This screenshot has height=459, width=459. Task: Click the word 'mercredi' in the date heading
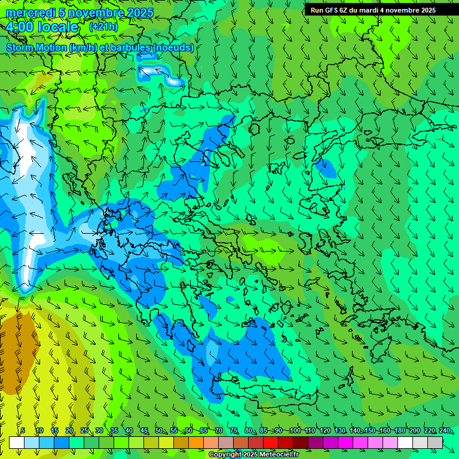tap(27, 13)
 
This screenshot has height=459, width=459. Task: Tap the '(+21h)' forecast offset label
tap(103, 27)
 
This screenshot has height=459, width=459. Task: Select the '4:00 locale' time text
tap(42, 27)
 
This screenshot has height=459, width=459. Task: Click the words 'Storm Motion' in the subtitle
tap(36, 47)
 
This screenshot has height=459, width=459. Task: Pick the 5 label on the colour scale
tap(23, 431)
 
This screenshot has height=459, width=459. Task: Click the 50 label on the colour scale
tap(158, 431)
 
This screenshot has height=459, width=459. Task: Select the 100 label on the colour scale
tap(295, 431)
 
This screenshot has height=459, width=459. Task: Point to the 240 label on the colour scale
tap(445, 431)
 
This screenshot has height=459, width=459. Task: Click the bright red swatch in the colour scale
tap(271, 442)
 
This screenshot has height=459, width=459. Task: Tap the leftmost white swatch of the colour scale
tap(17, 442)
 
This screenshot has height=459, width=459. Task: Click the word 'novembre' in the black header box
tap(402, 10)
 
